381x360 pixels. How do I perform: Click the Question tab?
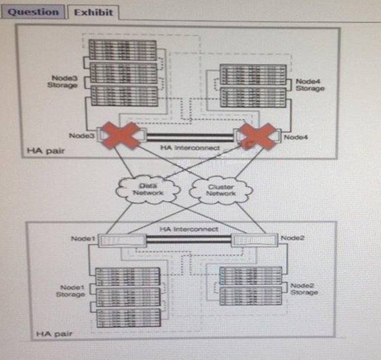click(x=34, y=12)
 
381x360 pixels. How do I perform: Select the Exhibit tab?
click(x=92, y=12)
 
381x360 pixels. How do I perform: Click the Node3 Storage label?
click(x=62, y=81)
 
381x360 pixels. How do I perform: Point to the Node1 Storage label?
click(x=70, y=290)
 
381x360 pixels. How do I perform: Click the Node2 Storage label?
click(x=304, y=289)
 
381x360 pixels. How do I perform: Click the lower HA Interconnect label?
click(x=188, y=228)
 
